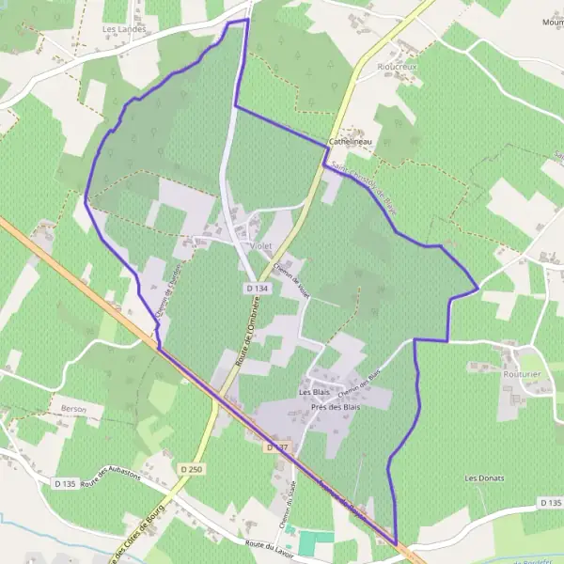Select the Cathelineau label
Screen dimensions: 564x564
351,141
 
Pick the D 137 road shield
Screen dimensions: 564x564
275,447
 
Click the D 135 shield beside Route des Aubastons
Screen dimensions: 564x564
65,483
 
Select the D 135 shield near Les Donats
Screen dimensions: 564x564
551,504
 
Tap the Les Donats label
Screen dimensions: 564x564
484,478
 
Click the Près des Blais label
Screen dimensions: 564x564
337,407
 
